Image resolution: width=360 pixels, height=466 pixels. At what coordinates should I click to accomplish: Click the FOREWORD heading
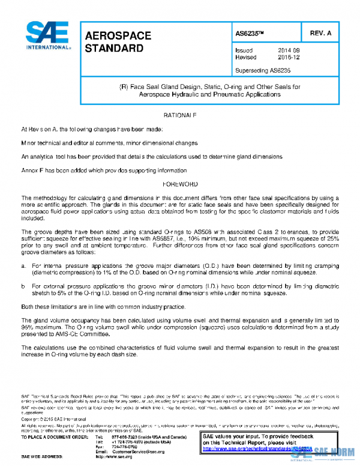[x=180, y=185]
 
